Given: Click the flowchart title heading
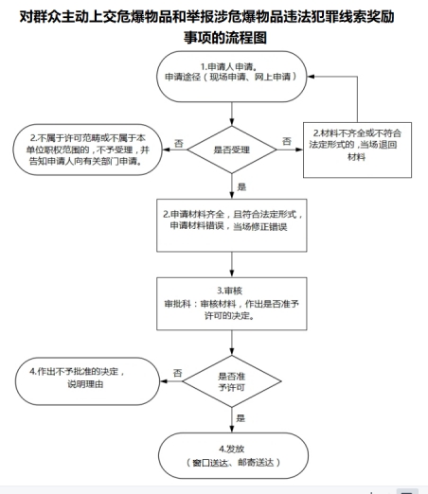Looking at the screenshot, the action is point(207,26).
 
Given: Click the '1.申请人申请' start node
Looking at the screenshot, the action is point(232,77).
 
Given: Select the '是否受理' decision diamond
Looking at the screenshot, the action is point(232,150).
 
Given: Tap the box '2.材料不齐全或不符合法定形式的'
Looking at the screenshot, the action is point(357,150).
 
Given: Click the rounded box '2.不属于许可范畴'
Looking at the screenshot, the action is point(87,150).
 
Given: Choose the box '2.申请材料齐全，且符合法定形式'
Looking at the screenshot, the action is point(232,225).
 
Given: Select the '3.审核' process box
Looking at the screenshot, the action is point(232,304).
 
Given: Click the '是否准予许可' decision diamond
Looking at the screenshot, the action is point(232,381).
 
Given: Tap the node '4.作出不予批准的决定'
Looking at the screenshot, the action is point(87,381).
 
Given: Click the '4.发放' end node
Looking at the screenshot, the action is point(233,455).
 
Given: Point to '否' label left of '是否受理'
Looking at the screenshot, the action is point(179,144).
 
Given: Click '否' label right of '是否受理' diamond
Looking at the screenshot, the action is point(287,141).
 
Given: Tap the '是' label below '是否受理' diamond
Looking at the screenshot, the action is point(241,186).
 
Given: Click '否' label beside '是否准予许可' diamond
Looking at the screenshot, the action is point(178,373).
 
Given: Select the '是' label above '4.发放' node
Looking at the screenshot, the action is point(241,418).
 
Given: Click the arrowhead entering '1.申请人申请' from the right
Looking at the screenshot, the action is point(311,77).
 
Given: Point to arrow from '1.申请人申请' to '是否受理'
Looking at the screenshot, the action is point(232,114).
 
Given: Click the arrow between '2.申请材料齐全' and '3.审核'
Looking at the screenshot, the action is point(232,264).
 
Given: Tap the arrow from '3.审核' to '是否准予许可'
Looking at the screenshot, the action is point(232,343).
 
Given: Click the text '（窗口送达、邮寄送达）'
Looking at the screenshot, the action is point(233,463).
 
